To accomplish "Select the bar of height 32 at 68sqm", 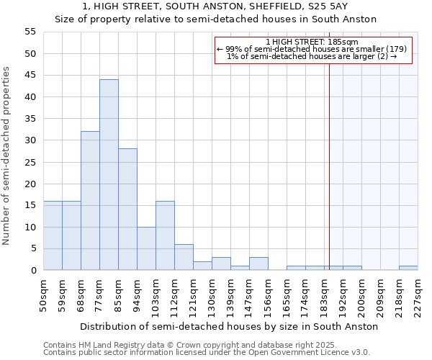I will click(90, 201).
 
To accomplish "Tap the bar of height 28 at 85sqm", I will click(127, 210).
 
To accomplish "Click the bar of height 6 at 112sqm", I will click(184, 257).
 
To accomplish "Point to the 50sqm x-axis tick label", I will click(44, 295).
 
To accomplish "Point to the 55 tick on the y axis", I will click(30, 32).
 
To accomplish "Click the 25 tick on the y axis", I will click(30, 162).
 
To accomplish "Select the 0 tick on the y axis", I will click(33, 271).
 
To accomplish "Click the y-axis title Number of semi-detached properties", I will click(7, 155).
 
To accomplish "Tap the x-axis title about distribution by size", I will click(229, 326).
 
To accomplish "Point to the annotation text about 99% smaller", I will click(312, 49).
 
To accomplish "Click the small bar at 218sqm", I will click(408, 268).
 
